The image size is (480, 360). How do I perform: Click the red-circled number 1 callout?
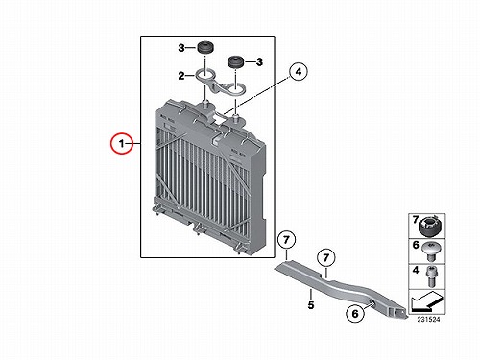coord(122,143)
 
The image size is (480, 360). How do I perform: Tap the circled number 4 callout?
coord(299,72)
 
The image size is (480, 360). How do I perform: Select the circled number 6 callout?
coord(355,313)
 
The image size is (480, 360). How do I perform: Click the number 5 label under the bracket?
coord(311,305)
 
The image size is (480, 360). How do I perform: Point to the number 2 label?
coord(181,76)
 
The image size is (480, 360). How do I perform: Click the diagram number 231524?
coord(428,320)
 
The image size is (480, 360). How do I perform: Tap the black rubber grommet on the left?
coord(205,47)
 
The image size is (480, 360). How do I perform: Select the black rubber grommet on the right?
coord(236,62)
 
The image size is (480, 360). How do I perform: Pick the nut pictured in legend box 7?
coord(430,227)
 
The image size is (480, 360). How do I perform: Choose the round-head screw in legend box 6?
coord(430,252)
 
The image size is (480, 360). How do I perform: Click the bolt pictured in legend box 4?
coord(431,276)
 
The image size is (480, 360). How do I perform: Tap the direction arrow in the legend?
coord(426,301)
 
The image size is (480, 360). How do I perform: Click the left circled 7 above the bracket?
coord(286,240)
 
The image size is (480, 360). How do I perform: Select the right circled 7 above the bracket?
coord(326,257)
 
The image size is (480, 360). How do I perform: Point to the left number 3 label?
coord(181,48)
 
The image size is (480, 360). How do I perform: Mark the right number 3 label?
coord(259,62)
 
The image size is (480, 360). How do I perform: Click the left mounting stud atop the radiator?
coord(205,105)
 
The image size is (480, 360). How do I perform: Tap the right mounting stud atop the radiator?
coord(235,120)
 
